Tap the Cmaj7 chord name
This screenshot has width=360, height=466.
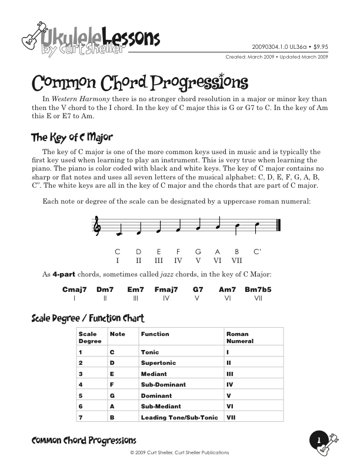pos(75,289)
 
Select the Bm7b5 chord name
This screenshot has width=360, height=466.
pos(258,289)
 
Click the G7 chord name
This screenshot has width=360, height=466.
pos(198,289)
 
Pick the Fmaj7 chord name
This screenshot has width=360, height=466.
pos(166,289)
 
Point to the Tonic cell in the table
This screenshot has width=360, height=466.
pos(151,352)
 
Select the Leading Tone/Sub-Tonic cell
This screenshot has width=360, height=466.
pos(179,417)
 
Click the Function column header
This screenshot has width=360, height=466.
pos(155,334)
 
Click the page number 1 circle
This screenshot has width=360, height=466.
pos(318,440)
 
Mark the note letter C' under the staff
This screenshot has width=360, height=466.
pos(257,252)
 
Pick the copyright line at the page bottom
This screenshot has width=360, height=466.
pos(179,452)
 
